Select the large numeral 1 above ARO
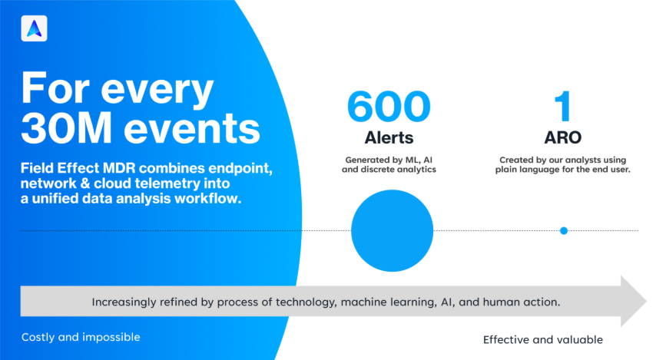564,107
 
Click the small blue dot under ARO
564,230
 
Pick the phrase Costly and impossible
81,337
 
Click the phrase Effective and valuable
543,339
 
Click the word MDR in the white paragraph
128,168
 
